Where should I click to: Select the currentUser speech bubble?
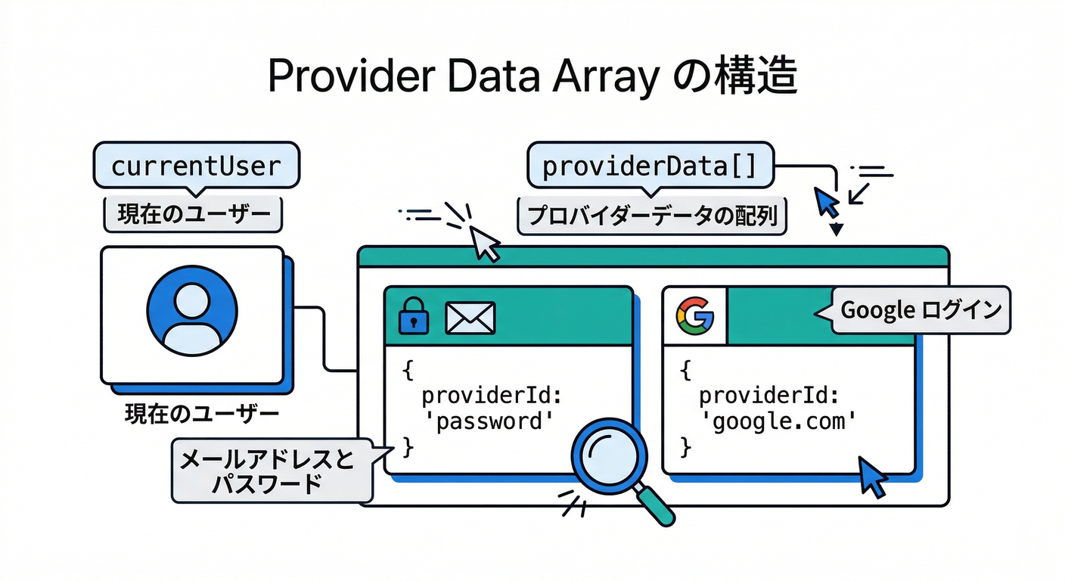coord(196,166)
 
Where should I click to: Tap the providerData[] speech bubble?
coord(649,166)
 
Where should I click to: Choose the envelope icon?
coord(470,318)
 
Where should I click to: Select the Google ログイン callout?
coord(921,310)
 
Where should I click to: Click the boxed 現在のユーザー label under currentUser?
coord(193,216)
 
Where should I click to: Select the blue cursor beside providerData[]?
coord(826,200)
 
